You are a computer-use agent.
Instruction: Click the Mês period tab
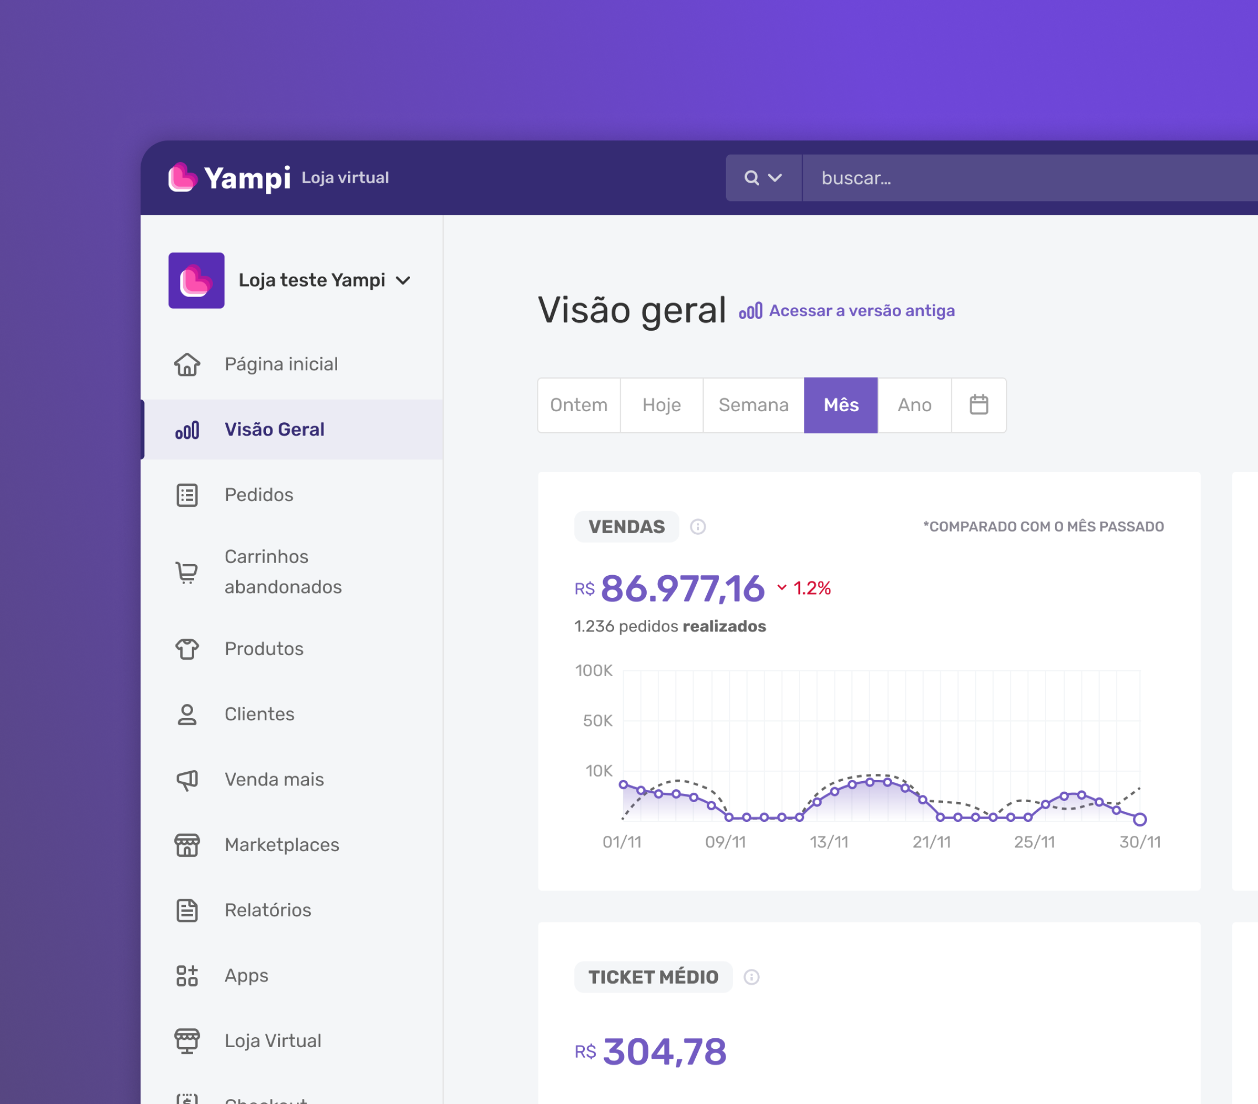point(841,405)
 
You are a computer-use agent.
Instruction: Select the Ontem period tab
point(579,405)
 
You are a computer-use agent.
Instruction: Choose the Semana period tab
point(753,405)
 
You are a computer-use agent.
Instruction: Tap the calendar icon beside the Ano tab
point(979,405)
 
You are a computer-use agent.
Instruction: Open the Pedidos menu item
point(258,495)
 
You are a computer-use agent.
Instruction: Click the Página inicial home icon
point(187,364)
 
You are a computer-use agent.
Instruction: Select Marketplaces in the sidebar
point(282,845)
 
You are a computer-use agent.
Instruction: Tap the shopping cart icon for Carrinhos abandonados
point(187,572)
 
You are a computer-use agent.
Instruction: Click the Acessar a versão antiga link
point(862,310)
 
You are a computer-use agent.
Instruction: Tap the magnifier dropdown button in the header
point(763,178)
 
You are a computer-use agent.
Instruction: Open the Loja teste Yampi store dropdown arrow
point(403,281)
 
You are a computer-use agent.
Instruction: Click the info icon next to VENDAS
point(698,527)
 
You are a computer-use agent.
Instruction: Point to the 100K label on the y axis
point(593,671)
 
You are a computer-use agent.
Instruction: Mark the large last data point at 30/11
point(1140,819)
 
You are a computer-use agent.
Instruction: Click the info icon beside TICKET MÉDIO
point(751,977)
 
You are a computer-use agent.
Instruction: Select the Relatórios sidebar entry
point(268,910)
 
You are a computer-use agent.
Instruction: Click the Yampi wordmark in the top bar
point(247,178)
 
